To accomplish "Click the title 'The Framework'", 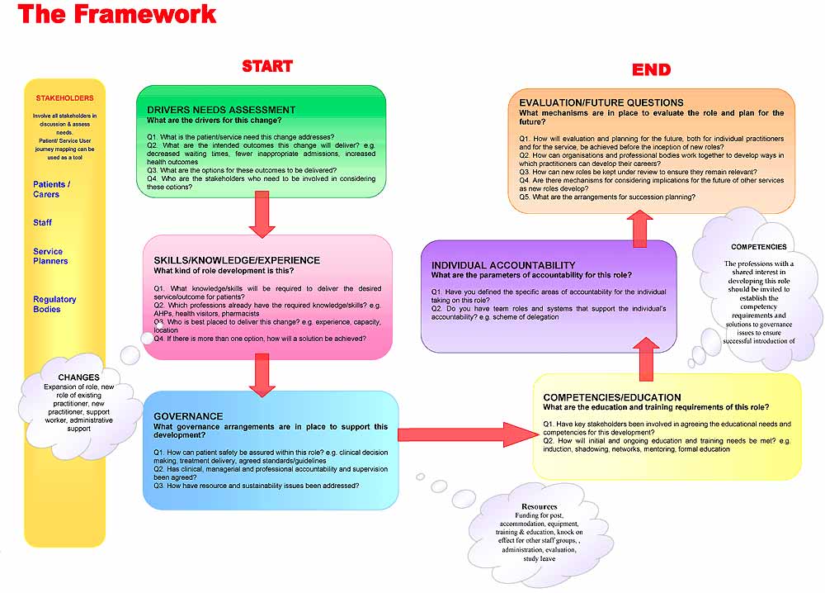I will [x=116, y=14].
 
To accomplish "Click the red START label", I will [x=266, y=66].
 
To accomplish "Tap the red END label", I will [x=651, y=69].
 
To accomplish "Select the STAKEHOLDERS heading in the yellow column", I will [x=64, y=98].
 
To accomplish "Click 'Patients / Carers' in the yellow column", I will [x=52, y=189].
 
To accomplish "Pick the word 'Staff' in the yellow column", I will [x=42, y=222].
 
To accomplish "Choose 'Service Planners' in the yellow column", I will [x=50, y=256].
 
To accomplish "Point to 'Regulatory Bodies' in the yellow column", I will [x=54, y=304].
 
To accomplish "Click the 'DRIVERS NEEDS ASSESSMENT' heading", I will [x=221, y=109].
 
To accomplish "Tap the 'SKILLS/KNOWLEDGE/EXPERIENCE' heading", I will [x=237, y=260].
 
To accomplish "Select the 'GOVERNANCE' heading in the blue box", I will [x=188, y=416].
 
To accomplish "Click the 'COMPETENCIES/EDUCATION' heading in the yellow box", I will [x=611, y=397].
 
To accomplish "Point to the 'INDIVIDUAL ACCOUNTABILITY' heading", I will [x=503, y=265].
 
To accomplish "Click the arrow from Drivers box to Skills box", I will [x=261, y=217].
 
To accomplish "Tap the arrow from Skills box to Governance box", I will [x=261, y=376].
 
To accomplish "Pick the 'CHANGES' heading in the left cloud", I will [x=78, y=377].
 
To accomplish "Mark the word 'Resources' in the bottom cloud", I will [x=539, y=506].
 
